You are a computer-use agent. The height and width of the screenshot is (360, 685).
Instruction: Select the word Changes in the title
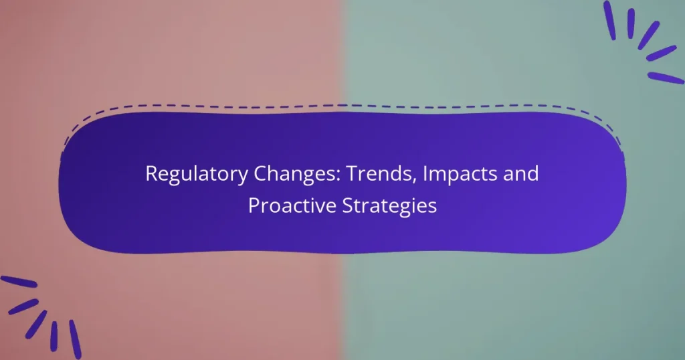click(282, 175)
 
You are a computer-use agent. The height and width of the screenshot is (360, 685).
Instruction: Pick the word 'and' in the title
click(522, 175)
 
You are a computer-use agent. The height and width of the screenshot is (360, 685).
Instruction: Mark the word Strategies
click(391, 205)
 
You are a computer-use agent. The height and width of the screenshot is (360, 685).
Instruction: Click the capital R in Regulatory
click(151, 174)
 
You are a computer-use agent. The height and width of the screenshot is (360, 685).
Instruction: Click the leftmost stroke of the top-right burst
click(609, 20)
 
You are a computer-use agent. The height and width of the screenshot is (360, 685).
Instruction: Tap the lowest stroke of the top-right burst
click(666, 78)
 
